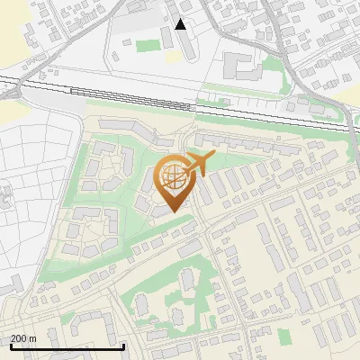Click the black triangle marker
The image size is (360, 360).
click(181, 24)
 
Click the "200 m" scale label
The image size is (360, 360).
click(23, 338)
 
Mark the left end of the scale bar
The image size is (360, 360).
click(11, 346)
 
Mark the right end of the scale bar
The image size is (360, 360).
click(123, 346)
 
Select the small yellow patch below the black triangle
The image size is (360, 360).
click(172, 57)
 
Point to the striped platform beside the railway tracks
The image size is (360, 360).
click(99, 92)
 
